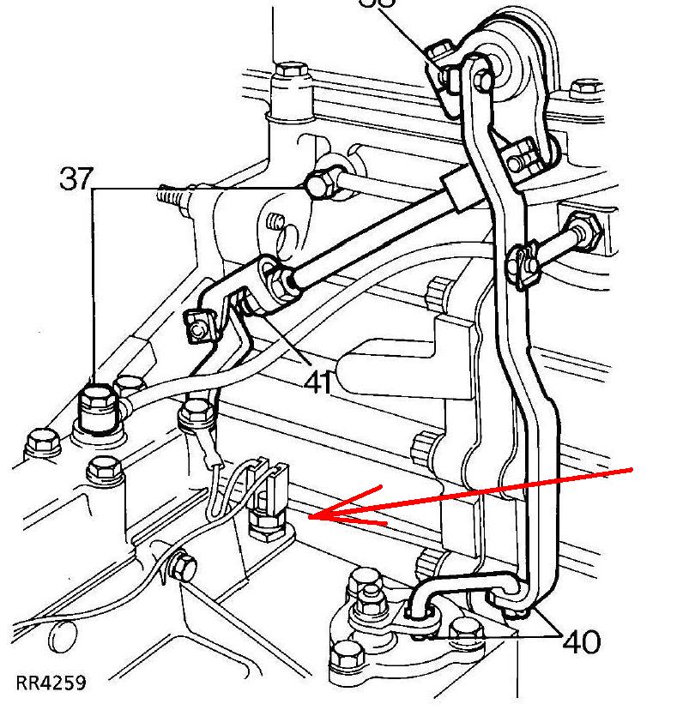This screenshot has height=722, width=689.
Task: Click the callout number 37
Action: [76, 179]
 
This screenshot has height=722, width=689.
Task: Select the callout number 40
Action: [582, 641]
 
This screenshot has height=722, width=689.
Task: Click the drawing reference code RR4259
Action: [51, 683]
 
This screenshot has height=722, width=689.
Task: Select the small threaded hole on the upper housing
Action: [276, 223]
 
